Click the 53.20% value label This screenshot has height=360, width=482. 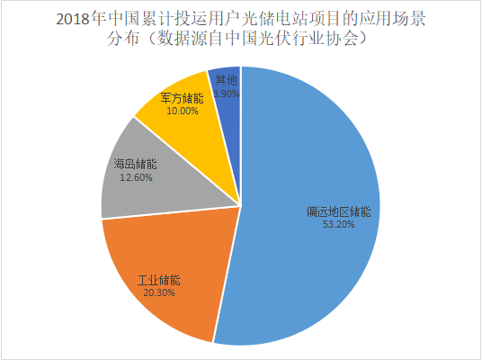337,225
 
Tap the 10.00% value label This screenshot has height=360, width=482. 183,111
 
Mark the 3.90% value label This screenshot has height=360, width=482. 227,93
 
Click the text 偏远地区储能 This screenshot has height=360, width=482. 337,212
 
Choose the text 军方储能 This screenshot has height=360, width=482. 183,98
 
